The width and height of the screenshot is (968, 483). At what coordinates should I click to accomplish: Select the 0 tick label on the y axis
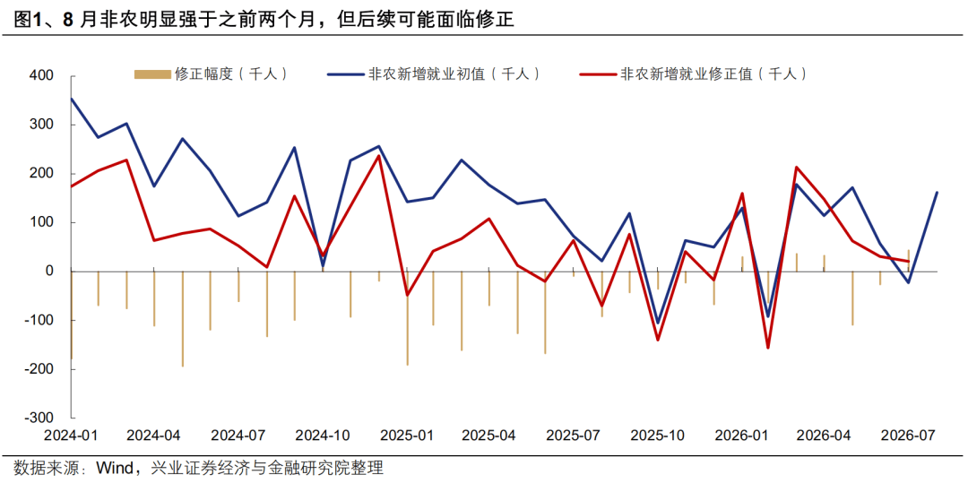(x=50, y=272)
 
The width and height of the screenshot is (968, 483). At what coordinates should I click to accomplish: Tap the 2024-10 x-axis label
(x=323, y=436)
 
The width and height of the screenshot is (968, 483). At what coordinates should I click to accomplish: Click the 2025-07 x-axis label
(x=574, y=436)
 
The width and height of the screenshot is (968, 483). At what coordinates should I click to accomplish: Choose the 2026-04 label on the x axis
(x=824, y=436)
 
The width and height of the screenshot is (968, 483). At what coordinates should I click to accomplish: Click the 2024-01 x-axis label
(x=72, y=436)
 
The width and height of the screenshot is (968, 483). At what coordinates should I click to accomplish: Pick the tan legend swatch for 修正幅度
(x=152, y=74)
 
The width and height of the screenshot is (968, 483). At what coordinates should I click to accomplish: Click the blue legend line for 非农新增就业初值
(x=345, y=74)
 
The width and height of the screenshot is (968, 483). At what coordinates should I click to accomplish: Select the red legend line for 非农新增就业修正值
(x=598, y=74)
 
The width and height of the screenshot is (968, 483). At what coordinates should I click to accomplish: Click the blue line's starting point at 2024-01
(x=72, y=99)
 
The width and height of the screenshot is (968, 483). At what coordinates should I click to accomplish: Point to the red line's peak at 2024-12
(x=378, y=155)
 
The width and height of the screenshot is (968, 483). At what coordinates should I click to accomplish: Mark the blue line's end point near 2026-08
(x=937, y=193)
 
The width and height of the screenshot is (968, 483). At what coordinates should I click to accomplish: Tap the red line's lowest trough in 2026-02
(x=769, y=348)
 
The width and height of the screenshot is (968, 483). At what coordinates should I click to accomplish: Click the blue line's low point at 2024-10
(x=323, y=266)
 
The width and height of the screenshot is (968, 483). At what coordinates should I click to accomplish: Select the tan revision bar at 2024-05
(x=183, y=319)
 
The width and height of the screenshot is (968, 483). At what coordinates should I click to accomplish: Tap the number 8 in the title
(x=68, y=20)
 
